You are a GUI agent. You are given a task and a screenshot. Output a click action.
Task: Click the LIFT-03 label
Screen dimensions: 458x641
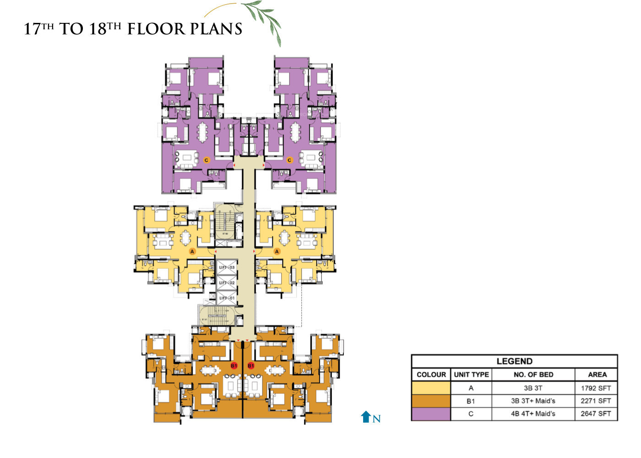pos(227,267)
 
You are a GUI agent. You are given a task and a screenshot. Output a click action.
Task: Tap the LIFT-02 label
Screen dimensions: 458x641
pos(227,283)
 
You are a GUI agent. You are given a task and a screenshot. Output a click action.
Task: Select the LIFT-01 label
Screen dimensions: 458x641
pos(227,298)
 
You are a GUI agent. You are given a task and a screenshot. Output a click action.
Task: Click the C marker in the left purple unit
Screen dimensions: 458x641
pos(206,160)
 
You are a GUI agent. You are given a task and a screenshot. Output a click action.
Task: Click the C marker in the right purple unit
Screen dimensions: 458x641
pos(289,160)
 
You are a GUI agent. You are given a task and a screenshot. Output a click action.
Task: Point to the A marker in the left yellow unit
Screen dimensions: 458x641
pos(192,251)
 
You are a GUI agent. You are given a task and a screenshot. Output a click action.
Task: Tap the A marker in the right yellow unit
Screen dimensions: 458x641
pos(277,251)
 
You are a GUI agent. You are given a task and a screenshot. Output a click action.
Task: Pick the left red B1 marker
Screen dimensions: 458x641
pos(234,365)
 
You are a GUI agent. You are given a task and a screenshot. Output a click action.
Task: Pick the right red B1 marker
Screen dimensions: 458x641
pos(251,365)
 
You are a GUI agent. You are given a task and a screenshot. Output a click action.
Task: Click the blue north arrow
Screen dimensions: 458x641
pos(365,417)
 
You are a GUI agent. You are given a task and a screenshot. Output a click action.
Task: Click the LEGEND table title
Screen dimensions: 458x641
pos(514,361)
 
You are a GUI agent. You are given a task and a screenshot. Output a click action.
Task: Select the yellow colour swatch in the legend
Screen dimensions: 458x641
pos(431,388)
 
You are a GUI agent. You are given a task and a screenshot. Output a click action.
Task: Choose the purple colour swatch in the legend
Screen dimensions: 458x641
pos(431,414)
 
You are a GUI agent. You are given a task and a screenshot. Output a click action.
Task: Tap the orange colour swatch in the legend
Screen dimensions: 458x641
pos(431,401)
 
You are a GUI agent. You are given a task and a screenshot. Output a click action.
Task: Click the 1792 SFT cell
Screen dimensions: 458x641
pos(596,388)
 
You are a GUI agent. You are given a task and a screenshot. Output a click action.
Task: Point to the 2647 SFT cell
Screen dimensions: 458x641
pos(596,414)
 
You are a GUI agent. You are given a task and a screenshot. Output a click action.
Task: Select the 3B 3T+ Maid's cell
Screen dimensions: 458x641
pos(533,401)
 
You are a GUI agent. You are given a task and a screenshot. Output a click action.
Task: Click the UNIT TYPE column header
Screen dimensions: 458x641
pos(471,375)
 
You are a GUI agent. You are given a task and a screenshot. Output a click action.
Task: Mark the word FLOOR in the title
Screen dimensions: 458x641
pos(156,29)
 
